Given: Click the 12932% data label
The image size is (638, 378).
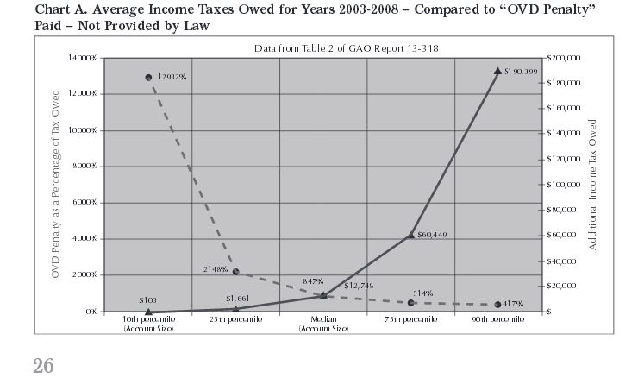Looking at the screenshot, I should click(x=173, y=78).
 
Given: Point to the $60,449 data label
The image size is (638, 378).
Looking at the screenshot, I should click(x=434, y=234).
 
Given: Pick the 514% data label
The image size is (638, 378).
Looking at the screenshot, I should click(x=423, y=294).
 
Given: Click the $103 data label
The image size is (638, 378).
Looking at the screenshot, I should click(x=147, y=300).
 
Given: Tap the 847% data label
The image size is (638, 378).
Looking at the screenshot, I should click(x=313, y=281).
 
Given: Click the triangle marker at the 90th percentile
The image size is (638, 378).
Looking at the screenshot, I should click(x=498, y=72).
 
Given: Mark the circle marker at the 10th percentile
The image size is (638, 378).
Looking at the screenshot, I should click(x=148, y=78).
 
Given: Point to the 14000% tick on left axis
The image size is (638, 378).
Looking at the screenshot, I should click(x=82, y=57).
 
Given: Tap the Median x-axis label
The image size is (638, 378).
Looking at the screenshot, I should click(x=323, y=324).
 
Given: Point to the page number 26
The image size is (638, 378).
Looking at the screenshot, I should click(x=44, y=366).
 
